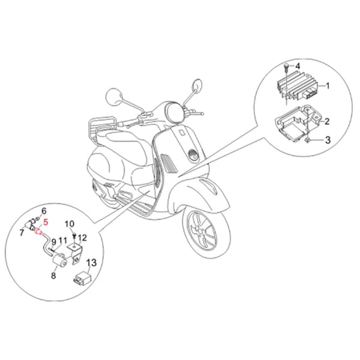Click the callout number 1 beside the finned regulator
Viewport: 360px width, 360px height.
coord(328,86)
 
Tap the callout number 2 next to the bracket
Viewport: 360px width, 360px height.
coord(327,121)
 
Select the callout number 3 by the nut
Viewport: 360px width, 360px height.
coord(328,140)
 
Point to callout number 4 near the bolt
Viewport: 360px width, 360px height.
coord(298,67)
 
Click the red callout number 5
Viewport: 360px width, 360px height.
coord(46,222)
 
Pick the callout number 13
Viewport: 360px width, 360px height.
coord(91,263)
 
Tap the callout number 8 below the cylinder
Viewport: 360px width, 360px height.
coord(53,275)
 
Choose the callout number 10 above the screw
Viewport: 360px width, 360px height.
coord(70,224)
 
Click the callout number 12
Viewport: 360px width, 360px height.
coord(82,238)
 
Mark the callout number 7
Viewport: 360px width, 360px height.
coord(22,233)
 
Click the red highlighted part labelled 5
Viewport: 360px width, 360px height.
coord(38,232)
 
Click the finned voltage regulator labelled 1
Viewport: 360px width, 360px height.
coord(298,86)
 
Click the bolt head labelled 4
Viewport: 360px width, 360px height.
coord(286,66)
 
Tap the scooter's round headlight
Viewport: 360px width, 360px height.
coord(175,112)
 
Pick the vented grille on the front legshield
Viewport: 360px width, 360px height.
coord(169,163)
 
